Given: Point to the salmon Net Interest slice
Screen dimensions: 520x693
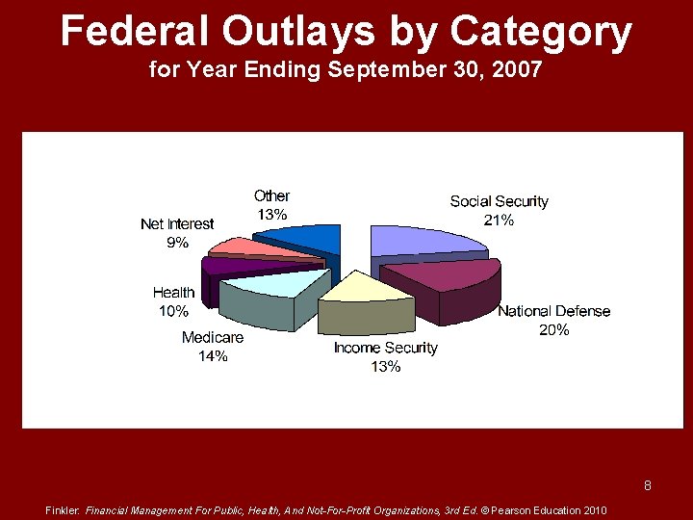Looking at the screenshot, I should coord(260,247).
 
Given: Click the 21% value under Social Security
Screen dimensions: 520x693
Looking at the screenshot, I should coord(499,220).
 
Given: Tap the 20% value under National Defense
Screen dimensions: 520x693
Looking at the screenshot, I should coord(553,329).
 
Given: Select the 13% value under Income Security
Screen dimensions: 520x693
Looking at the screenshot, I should coord(385,366).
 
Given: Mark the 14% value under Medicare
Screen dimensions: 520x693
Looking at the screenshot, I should coord(213,356).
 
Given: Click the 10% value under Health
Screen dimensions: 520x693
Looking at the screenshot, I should coord(173,311).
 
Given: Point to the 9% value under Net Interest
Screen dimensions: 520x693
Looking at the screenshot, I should coord(177,243).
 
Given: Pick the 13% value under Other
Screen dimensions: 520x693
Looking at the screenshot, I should coord(271,215).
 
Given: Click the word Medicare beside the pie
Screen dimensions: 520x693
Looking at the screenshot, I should coord(213,338).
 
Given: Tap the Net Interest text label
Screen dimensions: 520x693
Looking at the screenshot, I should coord(177,224).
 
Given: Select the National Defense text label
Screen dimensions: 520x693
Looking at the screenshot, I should coord(553,311).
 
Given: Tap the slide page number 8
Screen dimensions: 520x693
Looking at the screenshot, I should coord(648,485).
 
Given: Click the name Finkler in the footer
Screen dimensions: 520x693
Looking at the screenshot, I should coord(63,510).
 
